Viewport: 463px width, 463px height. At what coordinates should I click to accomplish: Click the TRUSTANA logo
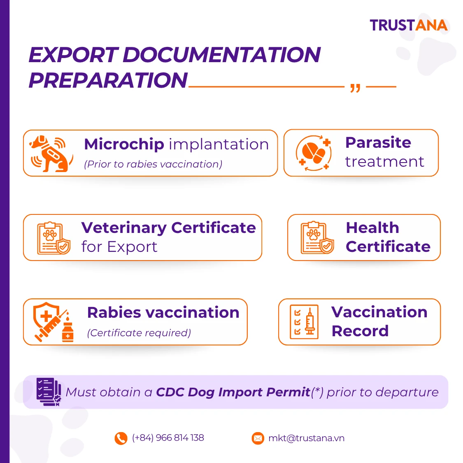click(x=409, y=25)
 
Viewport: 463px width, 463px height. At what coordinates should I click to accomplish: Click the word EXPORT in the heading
click(x=74, y=55)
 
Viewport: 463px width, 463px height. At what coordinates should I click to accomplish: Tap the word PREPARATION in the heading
click(x=108, y=80)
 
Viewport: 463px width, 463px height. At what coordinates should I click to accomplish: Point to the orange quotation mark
click(x=355, y=88)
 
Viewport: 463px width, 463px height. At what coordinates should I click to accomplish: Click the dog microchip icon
click(x=51, y=154)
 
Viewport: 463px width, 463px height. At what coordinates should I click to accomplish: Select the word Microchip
click(x=124, y=144)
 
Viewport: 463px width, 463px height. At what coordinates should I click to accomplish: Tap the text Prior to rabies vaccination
click(x=153, y=164)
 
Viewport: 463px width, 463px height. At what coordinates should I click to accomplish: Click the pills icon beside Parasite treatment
click(x=314, y=153)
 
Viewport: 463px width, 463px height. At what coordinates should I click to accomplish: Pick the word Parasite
click(x=378, y=143)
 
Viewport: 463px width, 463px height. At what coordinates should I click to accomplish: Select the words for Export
click(x=119, y=247)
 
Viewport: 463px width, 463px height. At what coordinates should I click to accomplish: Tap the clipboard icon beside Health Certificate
click(x=317, y=237)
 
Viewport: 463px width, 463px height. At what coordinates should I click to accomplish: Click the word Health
click(x=372, y=228)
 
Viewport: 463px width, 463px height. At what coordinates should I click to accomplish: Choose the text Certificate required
click(x=139, y=333)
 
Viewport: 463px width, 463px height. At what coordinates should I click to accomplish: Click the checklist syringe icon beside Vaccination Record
click(x=304, y=322)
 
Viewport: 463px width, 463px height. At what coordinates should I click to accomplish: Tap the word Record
click(x=360, y=331)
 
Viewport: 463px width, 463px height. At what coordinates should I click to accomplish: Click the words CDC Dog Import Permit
click(x=233, y=393)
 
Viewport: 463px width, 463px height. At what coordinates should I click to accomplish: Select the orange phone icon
click(x=121, y=438)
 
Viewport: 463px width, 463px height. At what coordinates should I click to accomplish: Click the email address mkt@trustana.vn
click(x=306, y=438)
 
